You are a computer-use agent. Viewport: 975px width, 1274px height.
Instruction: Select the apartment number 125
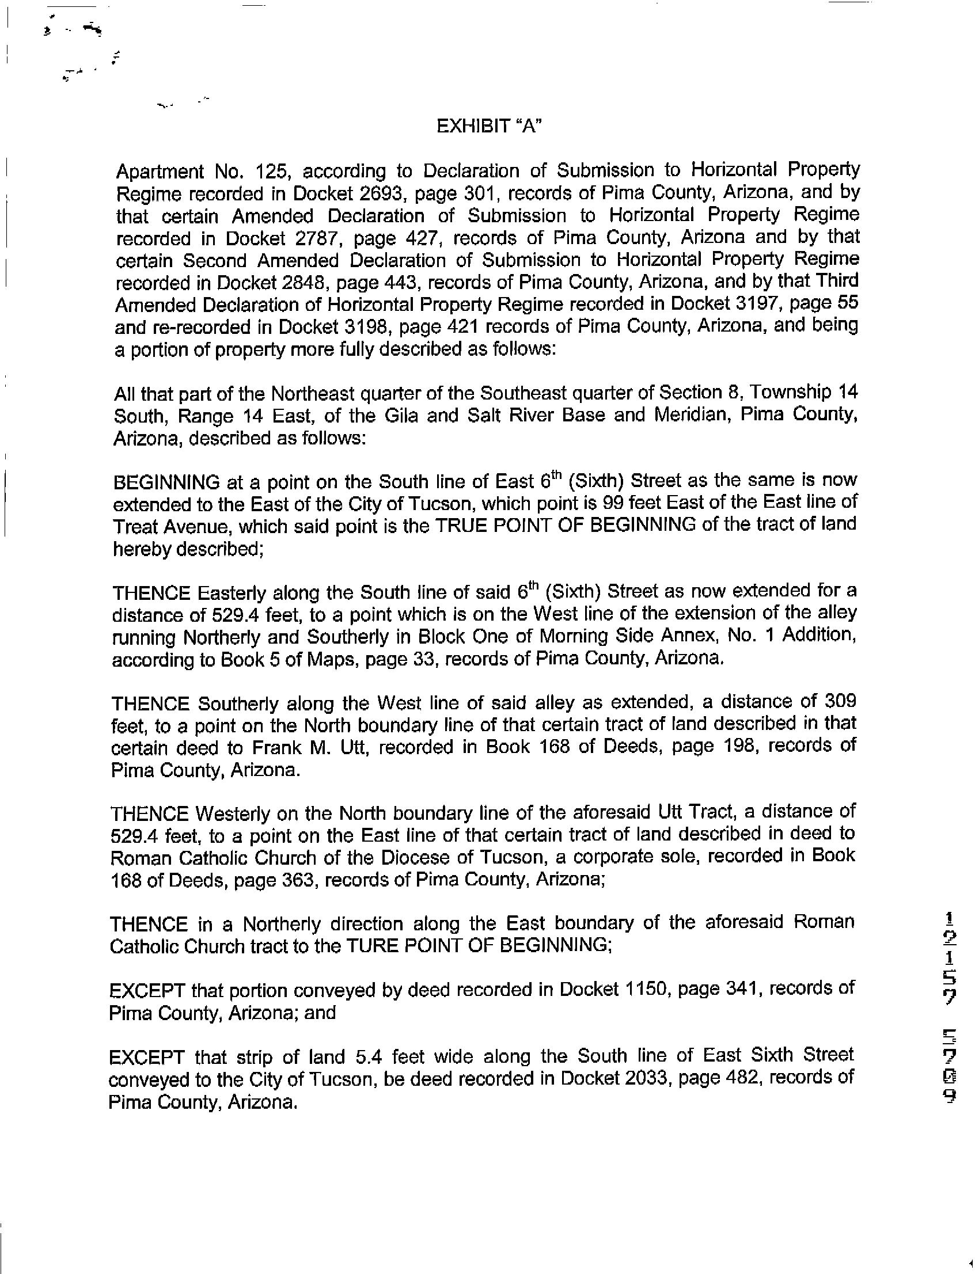[x=266, y=172]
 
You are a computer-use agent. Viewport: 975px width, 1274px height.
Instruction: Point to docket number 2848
[x=306, y=283]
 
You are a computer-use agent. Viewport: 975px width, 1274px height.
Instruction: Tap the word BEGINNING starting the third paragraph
[x=166, y=482]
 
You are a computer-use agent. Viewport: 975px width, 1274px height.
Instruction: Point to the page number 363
[x=298, y=880]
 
